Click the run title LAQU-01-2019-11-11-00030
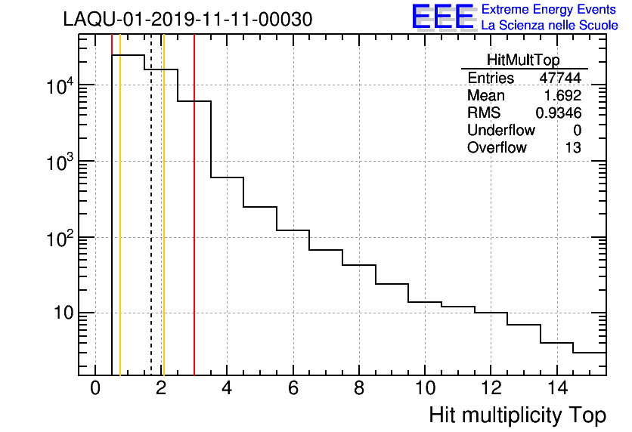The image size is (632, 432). [187, 20]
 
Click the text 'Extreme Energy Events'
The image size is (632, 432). [549, 10]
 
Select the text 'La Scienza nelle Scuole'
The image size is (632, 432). [550, 26]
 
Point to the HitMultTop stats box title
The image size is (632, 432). [524, 62]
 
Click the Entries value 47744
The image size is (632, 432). [559, 79]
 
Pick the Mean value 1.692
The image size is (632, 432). [562, 96]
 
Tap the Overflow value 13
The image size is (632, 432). [573, 147]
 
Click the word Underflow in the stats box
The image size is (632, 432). [500, 130]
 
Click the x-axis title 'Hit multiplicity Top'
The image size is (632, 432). [517, 415]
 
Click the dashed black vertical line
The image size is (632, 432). [151, 227]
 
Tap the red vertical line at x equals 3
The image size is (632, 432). [194, 227]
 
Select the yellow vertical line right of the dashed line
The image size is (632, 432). [163, 227]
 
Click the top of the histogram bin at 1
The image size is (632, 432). [129, 55]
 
